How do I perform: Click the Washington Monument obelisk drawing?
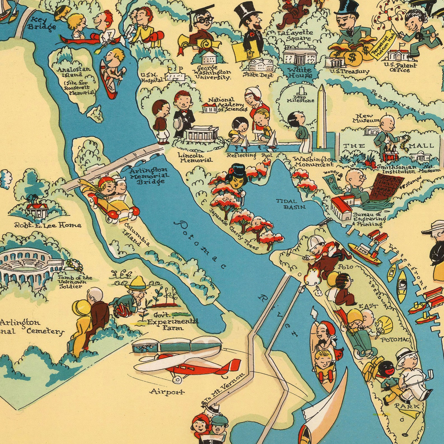click(x=322, y=117)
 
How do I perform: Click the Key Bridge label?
click(x=42, y=23)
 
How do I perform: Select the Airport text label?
click(x=167, y=392)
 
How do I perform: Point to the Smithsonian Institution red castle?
click(x=390, y=155)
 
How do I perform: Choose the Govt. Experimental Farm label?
click(x=172, y=322)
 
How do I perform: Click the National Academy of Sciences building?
click(x=210, y=108)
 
